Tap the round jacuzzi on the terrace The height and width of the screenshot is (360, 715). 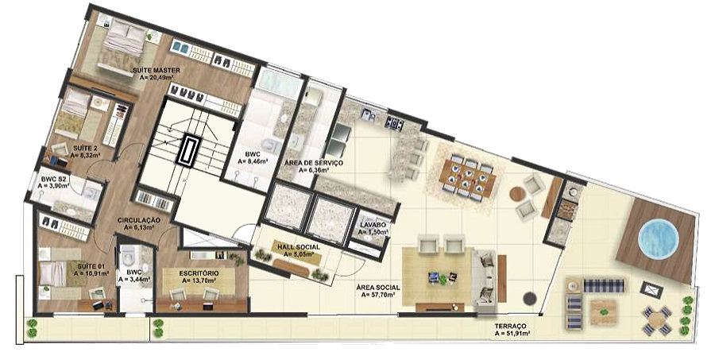click(659, 237)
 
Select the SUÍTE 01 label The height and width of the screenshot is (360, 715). click(91, 265)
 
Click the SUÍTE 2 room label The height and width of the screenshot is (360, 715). click(85, 148)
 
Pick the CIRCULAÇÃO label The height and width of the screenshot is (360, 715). click(139, 219)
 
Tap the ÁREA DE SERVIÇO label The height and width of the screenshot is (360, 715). click(314, 162)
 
